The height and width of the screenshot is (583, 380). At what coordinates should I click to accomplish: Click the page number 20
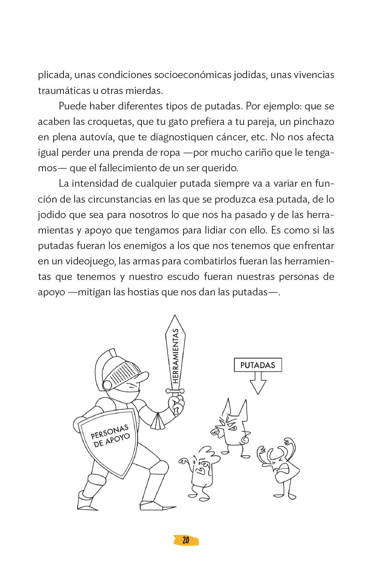point(186,540)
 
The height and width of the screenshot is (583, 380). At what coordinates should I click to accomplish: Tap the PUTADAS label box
point(257,365)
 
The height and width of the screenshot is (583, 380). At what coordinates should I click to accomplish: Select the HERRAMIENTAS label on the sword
point(175,356)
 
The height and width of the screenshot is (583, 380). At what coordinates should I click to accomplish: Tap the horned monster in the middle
point(232,427)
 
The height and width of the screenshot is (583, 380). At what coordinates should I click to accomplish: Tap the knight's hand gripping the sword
point(176,404)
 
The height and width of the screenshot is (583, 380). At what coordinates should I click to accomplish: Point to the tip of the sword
point(175,317)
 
